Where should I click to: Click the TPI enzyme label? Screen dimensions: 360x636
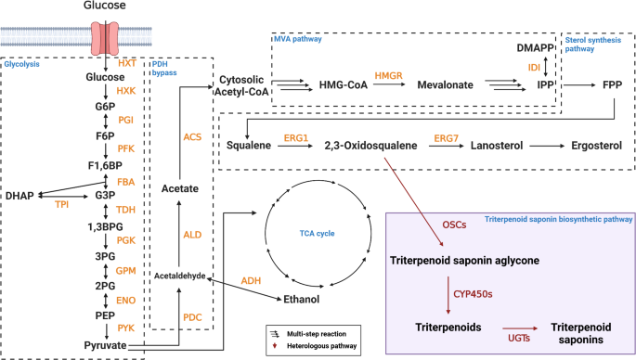click(x=61, y=203)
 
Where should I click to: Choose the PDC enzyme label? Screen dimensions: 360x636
click(x=192, y=317)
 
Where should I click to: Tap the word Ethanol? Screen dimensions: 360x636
click(x=304, y=299)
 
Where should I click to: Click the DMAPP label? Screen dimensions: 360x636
click(x=541, y=46)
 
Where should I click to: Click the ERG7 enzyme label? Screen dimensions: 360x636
click(x=447, y=137)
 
